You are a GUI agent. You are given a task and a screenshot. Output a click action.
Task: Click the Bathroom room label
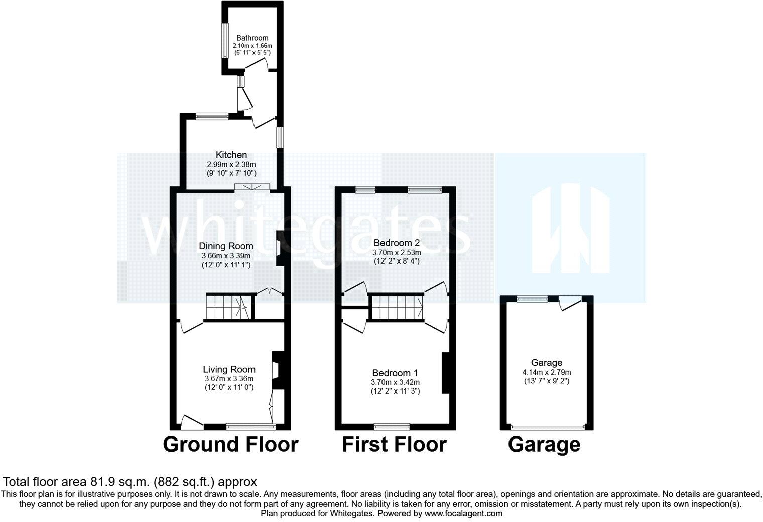pyautogui.click(x=252, y=38)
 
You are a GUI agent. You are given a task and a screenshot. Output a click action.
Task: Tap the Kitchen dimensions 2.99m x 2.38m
pyautogui.click(x=231, y=164)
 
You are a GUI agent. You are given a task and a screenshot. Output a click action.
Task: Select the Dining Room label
pyautogui.click(x=226, y=246)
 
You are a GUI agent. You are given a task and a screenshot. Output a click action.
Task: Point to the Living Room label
pyautogui.click(x=229, y=370)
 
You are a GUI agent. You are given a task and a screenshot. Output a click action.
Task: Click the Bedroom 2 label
pyautogui.click(x=397, y=243)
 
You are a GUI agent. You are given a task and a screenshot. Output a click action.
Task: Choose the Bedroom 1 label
pyautogui.click(x=395, y=373)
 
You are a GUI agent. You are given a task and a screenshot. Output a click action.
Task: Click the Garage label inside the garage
pyautogui.click(x=547, y=362)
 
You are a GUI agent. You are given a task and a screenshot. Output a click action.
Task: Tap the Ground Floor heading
pyautogui.click(x=230, y=444)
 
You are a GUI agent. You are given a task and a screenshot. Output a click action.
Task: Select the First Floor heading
pyautogui.click(x=394, y=444)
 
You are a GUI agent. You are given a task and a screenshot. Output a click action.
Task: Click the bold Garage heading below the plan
pyautogui.click(x=544, y=444)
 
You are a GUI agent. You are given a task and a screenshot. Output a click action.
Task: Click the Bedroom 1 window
pyautogui.click(x=392, y=427)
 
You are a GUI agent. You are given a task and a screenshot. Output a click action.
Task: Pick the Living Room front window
pyautogui.click(x=250, y=427)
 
